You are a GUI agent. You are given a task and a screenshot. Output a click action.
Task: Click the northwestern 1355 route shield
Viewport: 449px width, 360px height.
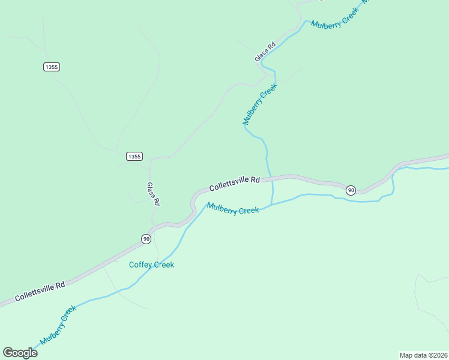(x=52, y=67)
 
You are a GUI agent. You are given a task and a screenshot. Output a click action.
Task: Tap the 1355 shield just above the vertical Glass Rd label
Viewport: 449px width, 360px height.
(x=134, y=156)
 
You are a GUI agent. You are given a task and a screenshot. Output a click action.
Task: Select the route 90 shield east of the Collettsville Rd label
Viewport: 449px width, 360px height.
(x=351, y=190)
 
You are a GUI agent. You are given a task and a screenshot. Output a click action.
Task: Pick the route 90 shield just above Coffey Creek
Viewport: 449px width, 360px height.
(x=146, y=239)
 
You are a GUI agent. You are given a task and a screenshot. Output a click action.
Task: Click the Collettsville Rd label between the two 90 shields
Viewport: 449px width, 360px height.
(x=235, y=184)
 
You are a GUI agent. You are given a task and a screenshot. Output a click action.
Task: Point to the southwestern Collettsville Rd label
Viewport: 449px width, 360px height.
(x=40, y=291)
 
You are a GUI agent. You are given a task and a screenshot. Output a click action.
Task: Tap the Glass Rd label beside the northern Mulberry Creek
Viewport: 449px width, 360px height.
(x=265, y=52)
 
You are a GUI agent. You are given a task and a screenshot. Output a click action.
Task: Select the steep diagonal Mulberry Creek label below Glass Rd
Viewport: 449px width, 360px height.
(x=260, y=104)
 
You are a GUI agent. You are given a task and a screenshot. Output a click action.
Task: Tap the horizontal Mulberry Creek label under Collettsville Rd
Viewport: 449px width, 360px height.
(x=233, y=209)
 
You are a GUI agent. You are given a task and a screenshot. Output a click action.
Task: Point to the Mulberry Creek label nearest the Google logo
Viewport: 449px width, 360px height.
(x=58, y=325)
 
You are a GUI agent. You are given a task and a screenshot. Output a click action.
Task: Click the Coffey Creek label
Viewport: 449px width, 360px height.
(x=152, y=265)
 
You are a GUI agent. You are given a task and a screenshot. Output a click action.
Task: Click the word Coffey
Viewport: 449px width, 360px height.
(x=141, y=265)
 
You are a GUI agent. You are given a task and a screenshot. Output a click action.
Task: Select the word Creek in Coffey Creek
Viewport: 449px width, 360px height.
(x=163, y=265)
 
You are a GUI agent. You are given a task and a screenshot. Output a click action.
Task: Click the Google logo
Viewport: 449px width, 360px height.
(x=20, y=352)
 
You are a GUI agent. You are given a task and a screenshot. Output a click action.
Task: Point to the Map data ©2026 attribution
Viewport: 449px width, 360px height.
(x=423, y=355)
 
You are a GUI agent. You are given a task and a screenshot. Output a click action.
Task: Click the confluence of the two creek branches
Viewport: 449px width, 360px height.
(x=272, y=204)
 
